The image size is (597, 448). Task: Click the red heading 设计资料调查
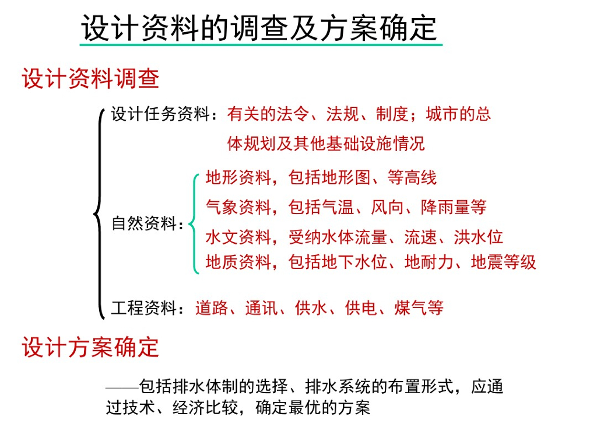(x=90, y=79)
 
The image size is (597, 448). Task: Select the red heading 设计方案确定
(x=90, y=348)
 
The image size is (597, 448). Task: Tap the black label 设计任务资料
(x=160, y=114)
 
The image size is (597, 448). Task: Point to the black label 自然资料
(x=144, y=223)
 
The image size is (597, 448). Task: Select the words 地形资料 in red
(x=238, y=177)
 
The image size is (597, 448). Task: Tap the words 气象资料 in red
(x=238, y=207)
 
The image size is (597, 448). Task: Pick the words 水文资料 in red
(x=238, y=237)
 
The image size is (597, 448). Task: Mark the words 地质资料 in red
(x=238, y=262)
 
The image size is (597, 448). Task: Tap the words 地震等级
(x=503, y=262)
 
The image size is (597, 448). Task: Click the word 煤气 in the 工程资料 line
(x=410, y=307)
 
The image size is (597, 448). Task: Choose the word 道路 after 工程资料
(x=212, y=307)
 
